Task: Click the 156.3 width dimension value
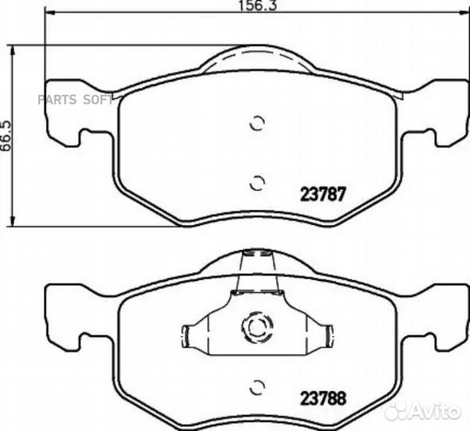[x=258, y=6]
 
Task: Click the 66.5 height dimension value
[x=6, y=136]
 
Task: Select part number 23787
[x=323, y=194]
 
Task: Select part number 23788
[x=323, y=398]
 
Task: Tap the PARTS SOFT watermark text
[x=75, y=100]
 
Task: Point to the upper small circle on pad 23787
[x=258, y=123]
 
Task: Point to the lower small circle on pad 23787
[x=258, y=183]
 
